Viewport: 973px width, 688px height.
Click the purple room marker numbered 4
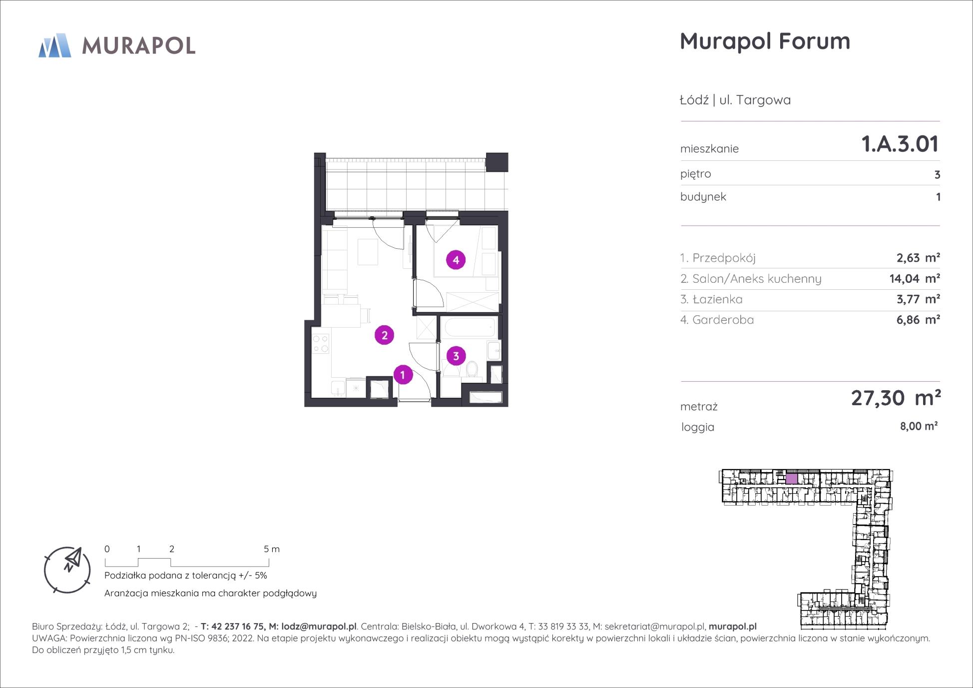(x=456, y=260)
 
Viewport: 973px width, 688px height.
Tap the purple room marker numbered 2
(x=384, y=335)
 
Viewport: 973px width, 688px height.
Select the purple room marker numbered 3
(x=456, y=356)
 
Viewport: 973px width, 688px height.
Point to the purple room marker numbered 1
(x=403, y=375)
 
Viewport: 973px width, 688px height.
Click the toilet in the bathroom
(x=472, y=370)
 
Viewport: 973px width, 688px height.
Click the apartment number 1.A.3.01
(x=900, y=144)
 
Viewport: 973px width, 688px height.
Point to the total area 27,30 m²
(x=896, y=398)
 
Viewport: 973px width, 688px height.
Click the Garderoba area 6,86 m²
(x=918, y=320)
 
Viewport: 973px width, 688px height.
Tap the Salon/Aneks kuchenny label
(x=750, y=279)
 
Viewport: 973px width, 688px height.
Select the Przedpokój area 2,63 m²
(x=918, y=258)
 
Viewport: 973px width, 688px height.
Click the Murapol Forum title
(x=765, y=41)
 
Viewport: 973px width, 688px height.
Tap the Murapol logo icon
(x=55, y=45)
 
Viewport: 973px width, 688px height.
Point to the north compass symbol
(x=67, y=570)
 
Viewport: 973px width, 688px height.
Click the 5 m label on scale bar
(x=272, y=549)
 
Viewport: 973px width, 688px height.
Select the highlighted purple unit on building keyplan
(x=791, y=479)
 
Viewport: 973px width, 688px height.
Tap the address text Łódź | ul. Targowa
(x=735, y=100)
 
